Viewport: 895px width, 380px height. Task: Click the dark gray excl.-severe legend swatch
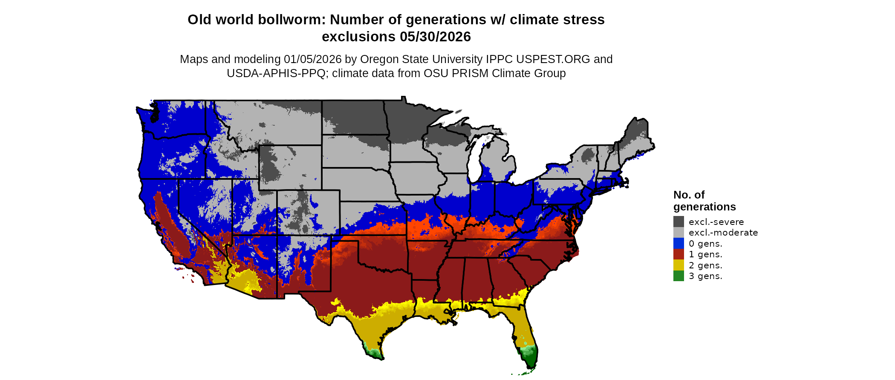click(x=678, y=222)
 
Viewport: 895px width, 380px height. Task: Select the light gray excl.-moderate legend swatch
click(x=678, y=233)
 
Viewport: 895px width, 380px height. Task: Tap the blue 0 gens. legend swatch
click(x=678, y=244)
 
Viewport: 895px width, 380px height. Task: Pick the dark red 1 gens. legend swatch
click(x=678, y=254)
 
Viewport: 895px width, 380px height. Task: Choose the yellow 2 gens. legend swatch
click(x=678, y=265)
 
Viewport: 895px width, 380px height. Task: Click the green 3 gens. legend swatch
click(x=678, y=276)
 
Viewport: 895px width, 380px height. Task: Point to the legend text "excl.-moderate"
click(x=723, y=233)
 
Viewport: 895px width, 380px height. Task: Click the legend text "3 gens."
click(x=705, y=276)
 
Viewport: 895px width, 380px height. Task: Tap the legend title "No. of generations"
click(x=704, y=201)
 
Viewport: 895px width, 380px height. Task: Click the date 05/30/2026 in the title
click(x=435, y=37)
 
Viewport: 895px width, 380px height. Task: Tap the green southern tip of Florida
click(x=530, y=358)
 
